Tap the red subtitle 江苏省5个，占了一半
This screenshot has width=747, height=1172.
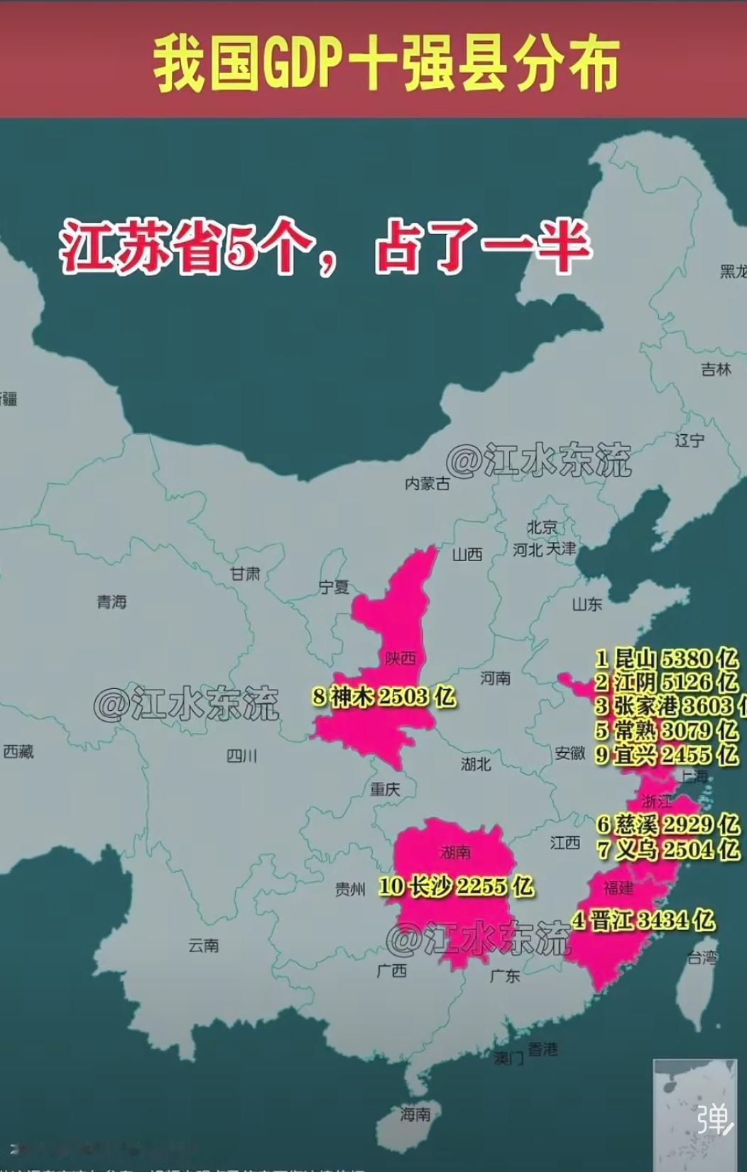325,248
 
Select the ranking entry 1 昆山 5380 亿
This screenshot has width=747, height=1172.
666,658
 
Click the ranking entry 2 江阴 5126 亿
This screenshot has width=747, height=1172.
666,682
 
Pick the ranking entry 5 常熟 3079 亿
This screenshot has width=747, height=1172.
666,730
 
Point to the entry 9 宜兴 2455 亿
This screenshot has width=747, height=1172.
666,754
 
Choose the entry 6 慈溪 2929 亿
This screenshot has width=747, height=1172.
667,824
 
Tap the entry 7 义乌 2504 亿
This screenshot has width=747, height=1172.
667,848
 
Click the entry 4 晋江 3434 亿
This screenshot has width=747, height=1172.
643,920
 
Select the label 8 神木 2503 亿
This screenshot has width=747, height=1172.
383,697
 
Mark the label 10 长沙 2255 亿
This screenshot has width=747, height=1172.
455,885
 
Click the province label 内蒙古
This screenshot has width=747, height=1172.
427,483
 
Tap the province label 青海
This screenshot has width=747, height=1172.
112,602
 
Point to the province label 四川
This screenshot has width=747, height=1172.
241,756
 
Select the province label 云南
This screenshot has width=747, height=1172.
204,946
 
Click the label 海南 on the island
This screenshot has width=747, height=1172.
415,1115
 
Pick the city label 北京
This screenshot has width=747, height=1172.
542,527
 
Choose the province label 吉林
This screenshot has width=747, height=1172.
716,370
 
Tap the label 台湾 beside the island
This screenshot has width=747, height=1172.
702,958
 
